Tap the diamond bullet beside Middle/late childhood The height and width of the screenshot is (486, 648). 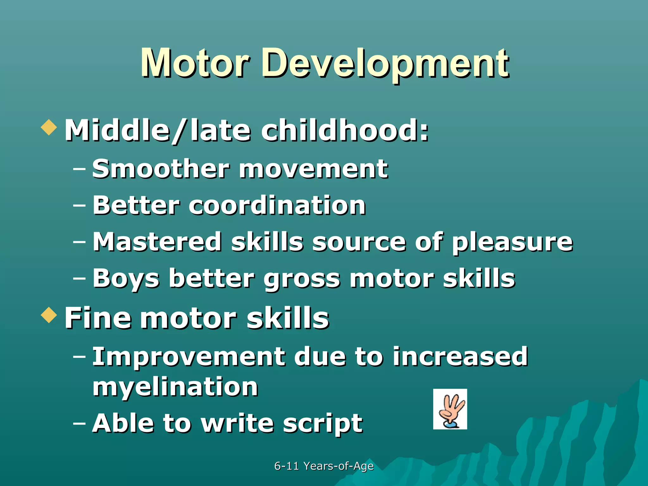[x=49, y=128]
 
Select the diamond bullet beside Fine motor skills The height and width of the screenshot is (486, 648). [x=49, y=315]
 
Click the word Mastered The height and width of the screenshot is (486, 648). [x=157, y=242]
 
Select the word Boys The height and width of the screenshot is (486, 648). [x=126, y=279]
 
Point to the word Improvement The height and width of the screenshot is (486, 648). [x=188, y=357]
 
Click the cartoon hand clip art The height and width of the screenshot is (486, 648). [x=450, y=409]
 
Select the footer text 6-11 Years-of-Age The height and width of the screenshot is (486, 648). [x=324, y=466]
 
